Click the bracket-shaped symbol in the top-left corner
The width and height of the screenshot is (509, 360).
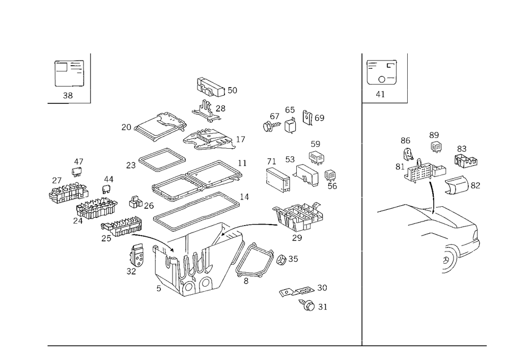pyautogui.click(x=68, y=74)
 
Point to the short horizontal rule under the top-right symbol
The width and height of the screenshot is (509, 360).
pyautogui.click(x=385, y=102)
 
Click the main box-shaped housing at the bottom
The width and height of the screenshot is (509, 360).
pyautogui.click(x=188, y=265)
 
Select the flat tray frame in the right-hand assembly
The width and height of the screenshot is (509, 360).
pyautogui.click(x=438, y=219)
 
